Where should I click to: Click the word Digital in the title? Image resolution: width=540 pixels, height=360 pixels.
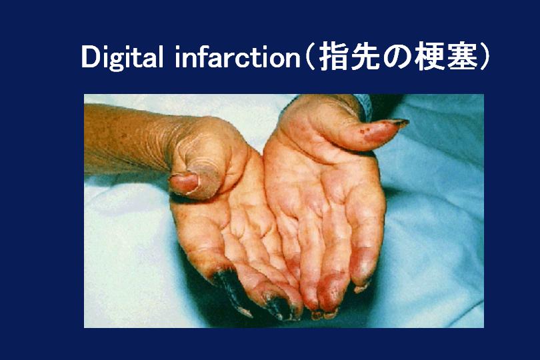pyautogui.click(x=122, y=57)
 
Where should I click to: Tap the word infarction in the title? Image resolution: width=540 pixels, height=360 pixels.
pyautogui.click(x=238, y=56)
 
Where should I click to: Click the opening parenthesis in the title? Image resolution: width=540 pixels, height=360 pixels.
pyautogui.click(x=310, y=57)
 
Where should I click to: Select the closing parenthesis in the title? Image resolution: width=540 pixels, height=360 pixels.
pyautogui.click(x=483, y=57)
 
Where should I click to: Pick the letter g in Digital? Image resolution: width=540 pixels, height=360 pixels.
pyautogui.click(x=117, y=61)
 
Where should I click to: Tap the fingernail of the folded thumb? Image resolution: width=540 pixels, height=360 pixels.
pyautogui.click(x=184, y=183)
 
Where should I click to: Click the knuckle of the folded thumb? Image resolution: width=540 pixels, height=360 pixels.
pyautogui.click(x=207, y=179)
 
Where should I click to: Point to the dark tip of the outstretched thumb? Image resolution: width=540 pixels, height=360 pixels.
pyautogui.click(x=399, y=122)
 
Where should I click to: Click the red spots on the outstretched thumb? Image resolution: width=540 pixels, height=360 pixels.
pyautogui.click(x=365, y=131)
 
